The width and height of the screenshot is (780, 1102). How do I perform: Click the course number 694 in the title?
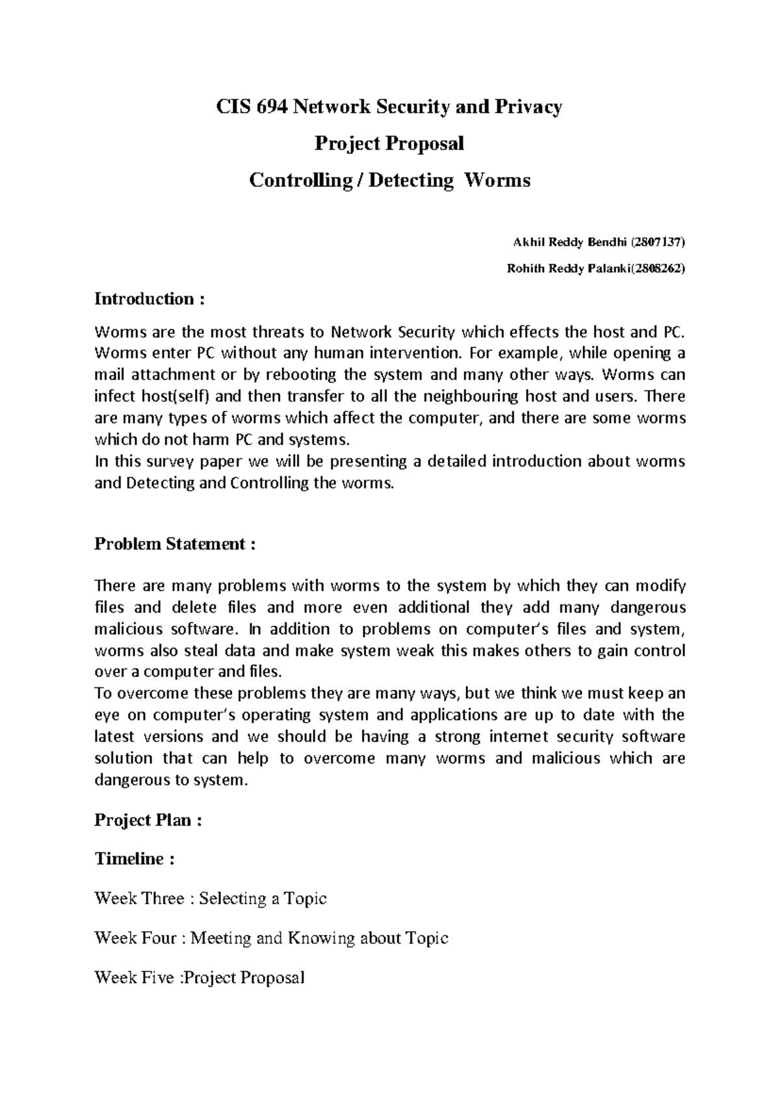point(272,107)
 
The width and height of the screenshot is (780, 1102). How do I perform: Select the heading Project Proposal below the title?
point(389,144)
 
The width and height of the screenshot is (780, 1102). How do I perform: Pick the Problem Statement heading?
point(175,544)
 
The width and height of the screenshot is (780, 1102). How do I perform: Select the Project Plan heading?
point(148,820)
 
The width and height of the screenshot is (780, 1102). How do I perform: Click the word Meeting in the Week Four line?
point(222,938)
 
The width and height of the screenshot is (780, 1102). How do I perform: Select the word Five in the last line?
point(159,977)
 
